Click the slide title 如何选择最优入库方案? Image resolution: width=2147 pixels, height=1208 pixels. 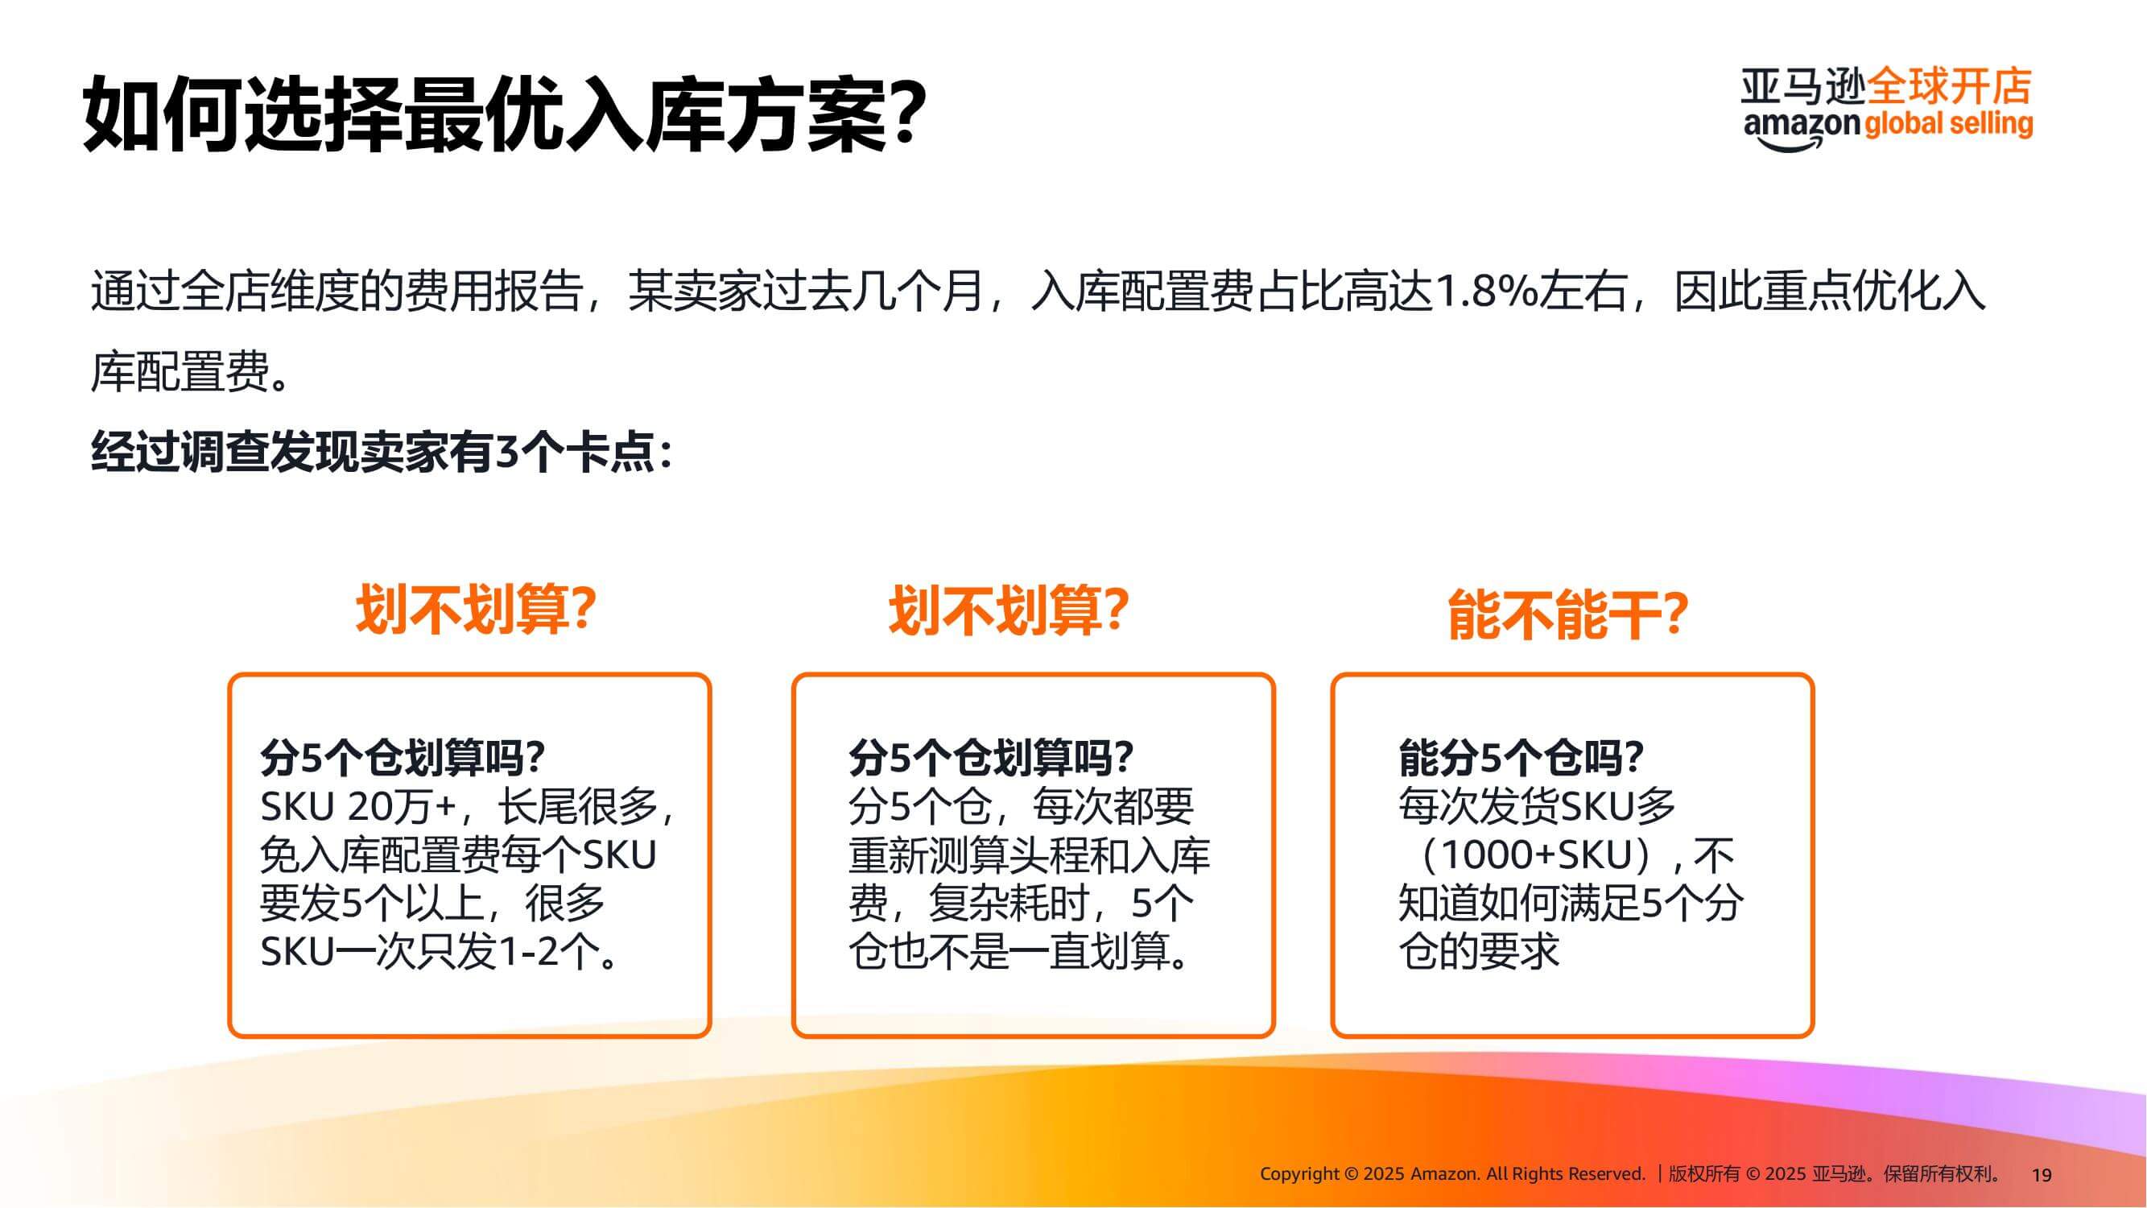505,114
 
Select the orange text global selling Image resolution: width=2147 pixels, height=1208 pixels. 1949,123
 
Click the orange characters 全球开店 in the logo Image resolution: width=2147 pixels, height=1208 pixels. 1950,86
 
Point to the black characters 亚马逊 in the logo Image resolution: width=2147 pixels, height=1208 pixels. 1803,87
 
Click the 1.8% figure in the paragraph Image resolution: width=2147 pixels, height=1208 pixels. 1484,291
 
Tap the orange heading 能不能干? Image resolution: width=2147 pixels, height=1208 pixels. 1567,614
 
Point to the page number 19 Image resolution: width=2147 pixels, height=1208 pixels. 2042,1175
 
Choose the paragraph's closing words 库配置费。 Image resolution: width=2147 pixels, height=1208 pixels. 192,372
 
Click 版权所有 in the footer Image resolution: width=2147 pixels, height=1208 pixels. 1703,1174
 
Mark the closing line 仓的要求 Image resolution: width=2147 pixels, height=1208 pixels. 1479,951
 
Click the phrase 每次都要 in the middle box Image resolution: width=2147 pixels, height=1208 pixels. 1113,806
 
